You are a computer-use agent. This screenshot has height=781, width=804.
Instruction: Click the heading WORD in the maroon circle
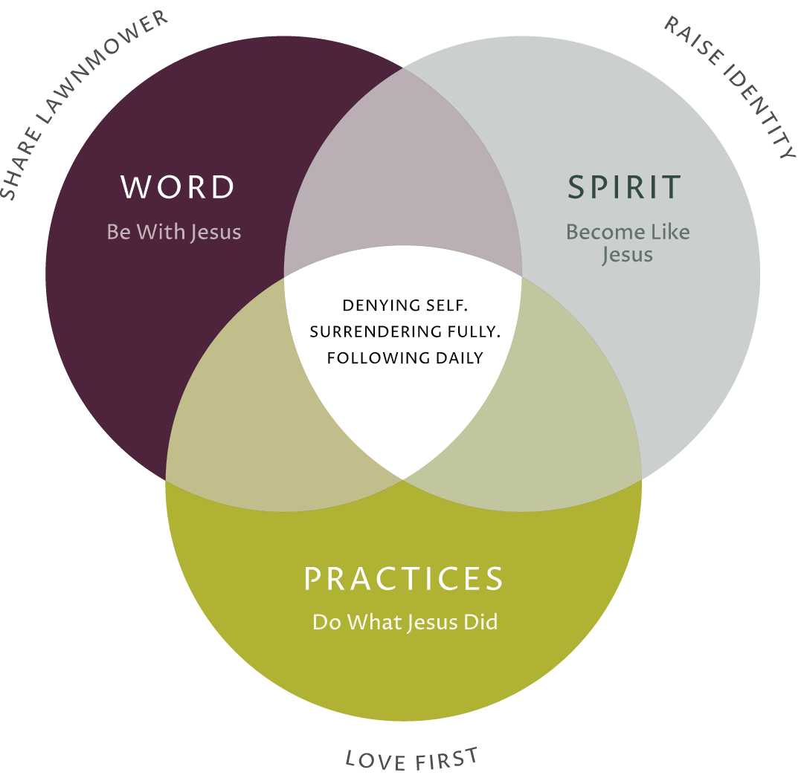click(x=178, y=187)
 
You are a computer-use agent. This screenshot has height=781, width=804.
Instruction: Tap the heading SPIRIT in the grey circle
click(x=624, y=187)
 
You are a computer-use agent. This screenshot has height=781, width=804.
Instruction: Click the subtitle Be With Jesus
click(x=174, y=232)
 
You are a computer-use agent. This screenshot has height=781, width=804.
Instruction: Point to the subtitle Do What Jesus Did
click(x=405, y=622)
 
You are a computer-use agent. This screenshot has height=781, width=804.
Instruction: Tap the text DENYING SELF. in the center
click(x=405, y=305)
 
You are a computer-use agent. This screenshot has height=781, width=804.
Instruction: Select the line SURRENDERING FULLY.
click(x=405, y=331)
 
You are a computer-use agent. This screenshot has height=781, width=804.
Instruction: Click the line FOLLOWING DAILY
click(x=405, y=358)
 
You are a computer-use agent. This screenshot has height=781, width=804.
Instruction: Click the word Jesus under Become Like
click(x=627, y=255)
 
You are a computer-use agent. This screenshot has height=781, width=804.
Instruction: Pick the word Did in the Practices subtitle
click(x=481, y=622)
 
